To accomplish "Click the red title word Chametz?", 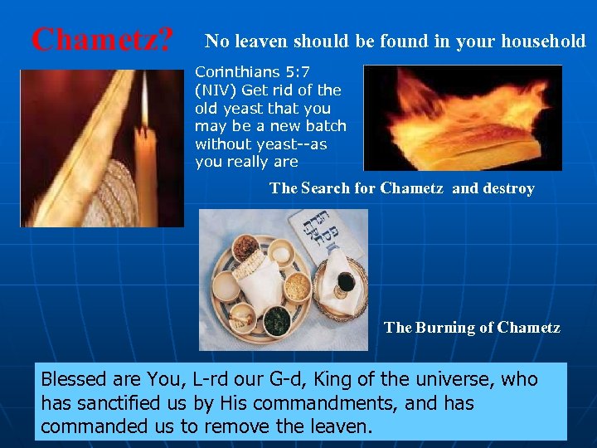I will tap(102, 38).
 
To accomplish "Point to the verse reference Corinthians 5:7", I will tap(252, 72).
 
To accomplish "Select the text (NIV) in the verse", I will tap(214, 90).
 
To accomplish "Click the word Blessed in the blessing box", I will tap(74, 380).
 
